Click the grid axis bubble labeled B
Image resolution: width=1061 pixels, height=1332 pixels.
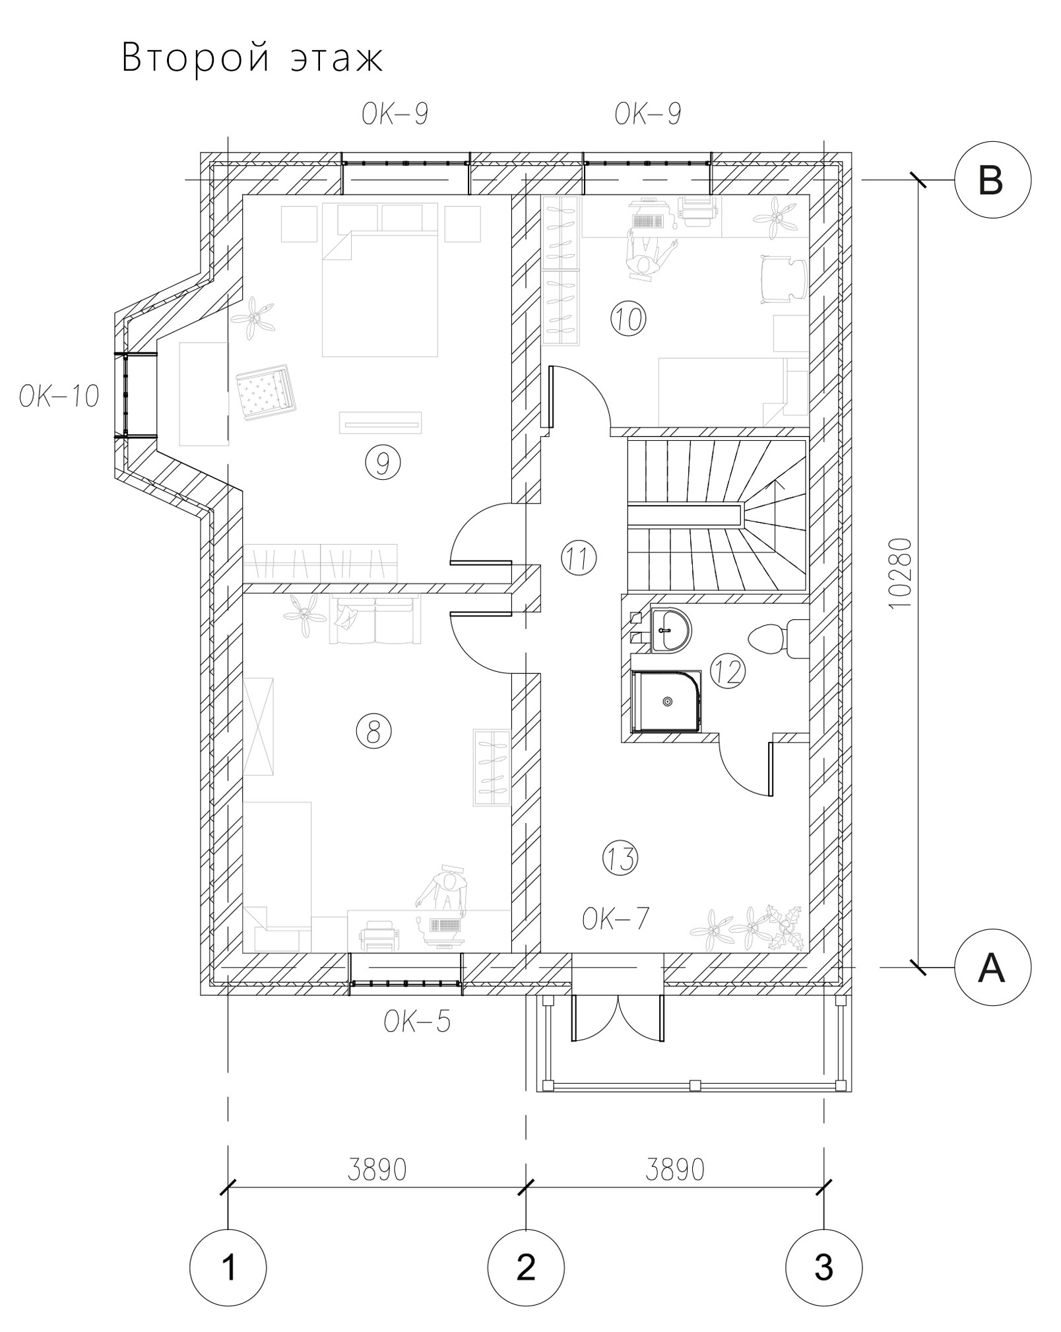pos(992,180)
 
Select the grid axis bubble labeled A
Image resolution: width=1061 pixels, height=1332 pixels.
pos(992,968)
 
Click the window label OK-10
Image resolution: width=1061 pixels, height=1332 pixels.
pos(59,397)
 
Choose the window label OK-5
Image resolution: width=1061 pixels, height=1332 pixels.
pos(418,1022)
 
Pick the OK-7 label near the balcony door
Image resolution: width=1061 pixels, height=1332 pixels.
pos(616,918)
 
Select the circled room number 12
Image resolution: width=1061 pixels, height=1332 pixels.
pos(727,672)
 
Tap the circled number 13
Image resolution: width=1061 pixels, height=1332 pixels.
pos(621,858)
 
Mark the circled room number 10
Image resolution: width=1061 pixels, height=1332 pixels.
pos(629,319)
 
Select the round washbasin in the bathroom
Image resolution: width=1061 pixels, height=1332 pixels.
pos(670,630)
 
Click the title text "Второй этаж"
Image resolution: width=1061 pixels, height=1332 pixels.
pos(252,59)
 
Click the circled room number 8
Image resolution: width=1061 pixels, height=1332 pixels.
pos(373,731)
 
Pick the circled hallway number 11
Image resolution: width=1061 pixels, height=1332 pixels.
pos(578,558)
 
